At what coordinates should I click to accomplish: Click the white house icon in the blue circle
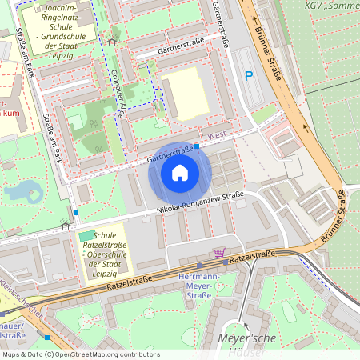tap(180, 173)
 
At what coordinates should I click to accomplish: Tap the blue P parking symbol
tap(248, 76)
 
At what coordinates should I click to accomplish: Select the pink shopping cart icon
tap(219, 254)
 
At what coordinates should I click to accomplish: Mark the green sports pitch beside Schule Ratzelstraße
tap(86, 235)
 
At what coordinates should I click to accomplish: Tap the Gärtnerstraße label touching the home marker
tap(171, 150)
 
